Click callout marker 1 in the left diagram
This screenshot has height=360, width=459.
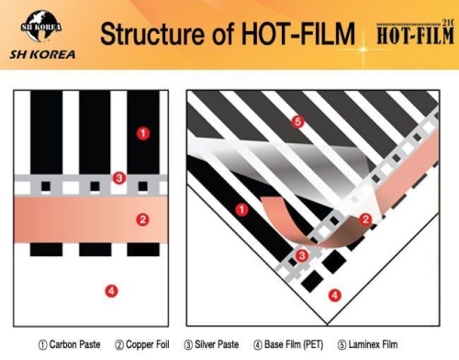(x=142, y=133)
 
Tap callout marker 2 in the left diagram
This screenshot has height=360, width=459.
(x=142, y=219)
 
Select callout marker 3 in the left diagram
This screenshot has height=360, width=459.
(x=118, y=177)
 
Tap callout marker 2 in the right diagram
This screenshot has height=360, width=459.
(x=364, y=219)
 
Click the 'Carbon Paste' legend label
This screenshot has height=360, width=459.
(x=70, y=345)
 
